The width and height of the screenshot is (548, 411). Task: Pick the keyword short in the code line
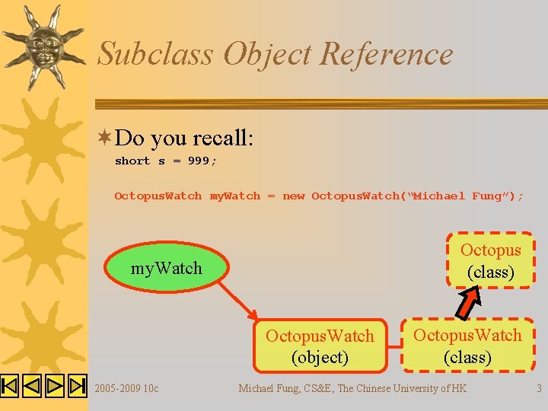click(132, 161)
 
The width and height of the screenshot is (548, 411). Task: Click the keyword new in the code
click(293, 196)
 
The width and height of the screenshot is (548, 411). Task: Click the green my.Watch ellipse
click(167, 268)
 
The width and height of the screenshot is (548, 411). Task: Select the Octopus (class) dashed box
click(491, 260)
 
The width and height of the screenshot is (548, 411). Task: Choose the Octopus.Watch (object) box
click(320, 346)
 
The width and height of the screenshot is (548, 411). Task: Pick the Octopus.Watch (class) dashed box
click(467, 346)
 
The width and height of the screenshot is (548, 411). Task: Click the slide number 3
click(539, 389)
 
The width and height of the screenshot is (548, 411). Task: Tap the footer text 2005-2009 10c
click(126, 389)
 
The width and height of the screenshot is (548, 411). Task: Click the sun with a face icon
click(41, 44)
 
